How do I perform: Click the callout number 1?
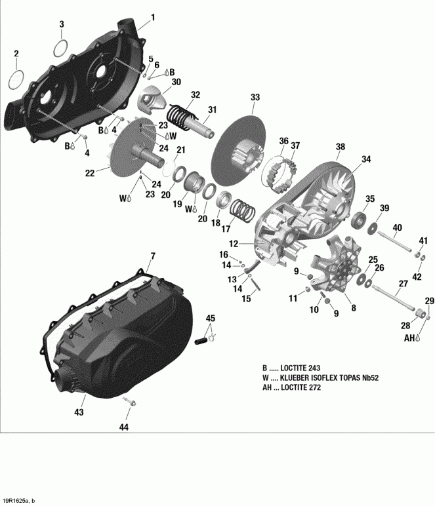tap(153, 16)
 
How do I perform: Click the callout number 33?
tap(255, 97)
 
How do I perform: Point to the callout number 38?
tap(340, 147)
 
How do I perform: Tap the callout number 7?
tap(153, 255)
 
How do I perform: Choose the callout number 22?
tap(90, 172)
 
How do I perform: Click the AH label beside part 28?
tap(409, 338)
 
